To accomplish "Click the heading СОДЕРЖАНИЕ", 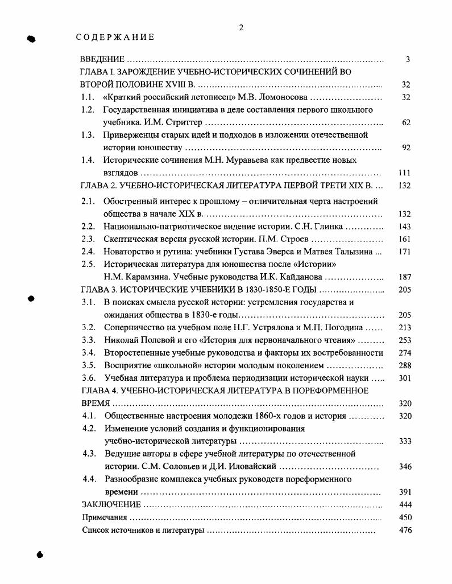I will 115,38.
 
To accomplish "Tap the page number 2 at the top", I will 241,27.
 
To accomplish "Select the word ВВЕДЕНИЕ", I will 102,59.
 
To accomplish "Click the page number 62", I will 406,122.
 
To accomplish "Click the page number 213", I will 405,327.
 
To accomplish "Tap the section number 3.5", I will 88,365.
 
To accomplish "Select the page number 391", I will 405,492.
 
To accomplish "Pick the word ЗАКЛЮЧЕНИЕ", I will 111,505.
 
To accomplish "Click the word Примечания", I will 103,517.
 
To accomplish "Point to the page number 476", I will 405,530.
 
